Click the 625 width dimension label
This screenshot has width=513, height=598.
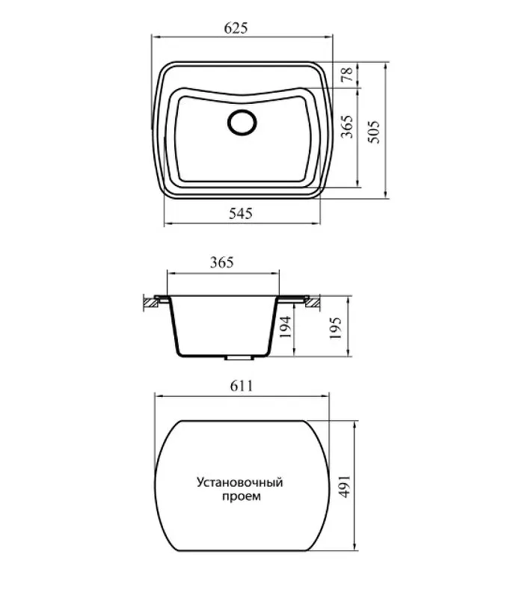236,28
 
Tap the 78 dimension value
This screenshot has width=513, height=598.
348,74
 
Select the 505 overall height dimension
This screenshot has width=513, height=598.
374,132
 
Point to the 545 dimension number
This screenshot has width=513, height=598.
241,213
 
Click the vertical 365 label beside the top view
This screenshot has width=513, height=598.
346,126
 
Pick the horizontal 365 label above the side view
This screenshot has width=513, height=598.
221,262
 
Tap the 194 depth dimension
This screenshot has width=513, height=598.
286,327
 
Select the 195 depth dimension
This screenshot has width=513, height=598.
335,328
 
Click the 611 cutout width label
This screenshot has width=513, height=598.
242,386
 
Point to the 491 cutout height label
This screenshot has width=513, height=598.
345,487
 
